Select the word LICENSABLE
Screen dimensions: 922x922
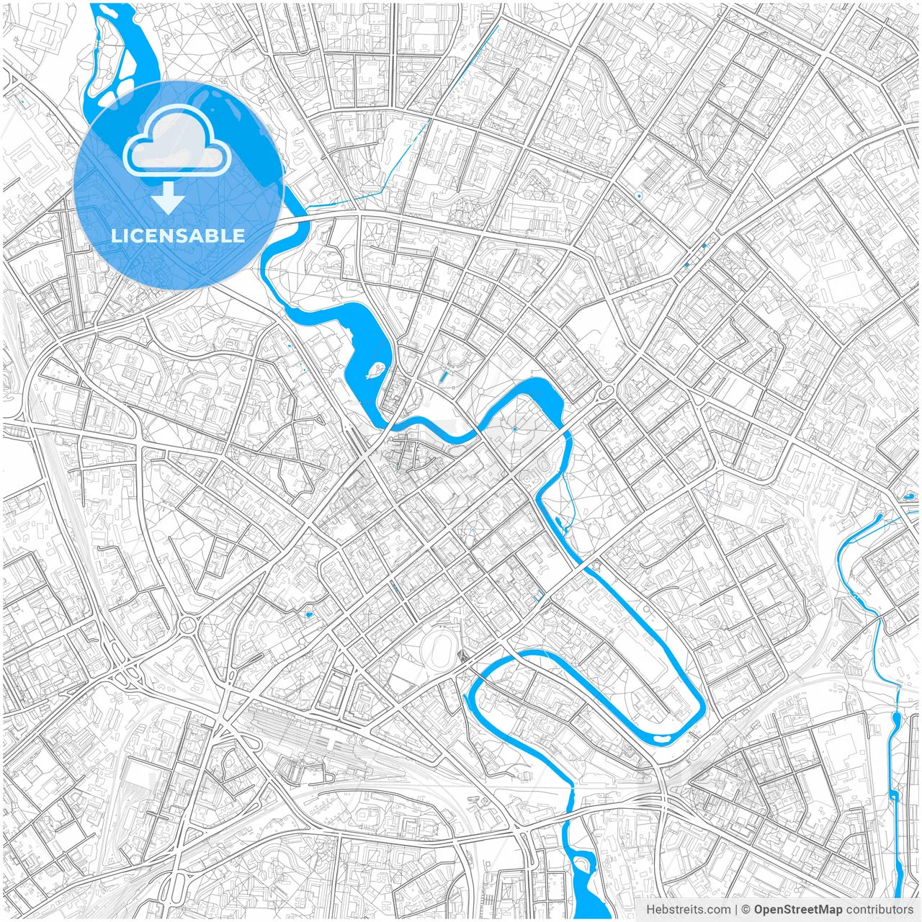(178, 236)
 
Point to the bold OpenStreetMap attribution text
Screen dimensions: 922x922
(798, 910)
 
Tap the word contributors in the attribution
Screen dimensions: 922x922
(880, 910)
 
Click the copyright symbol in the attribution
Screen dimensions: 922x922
(746, 910)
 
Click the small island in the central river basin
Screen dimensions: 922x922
(375, 371)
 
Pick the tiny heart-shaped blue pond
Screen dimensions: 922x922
(309, 614)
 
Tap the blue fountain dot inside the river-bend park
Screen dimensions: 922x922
(515, 429)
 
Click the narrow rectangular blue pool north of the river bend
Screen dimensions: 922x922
(443, 377)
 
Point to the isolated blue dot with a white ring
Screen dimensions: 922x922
(638, 196)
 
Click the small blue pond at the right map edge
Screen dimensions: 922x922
(909, 496)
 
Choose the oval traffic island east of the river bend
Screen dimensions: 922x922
(605, 391)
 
